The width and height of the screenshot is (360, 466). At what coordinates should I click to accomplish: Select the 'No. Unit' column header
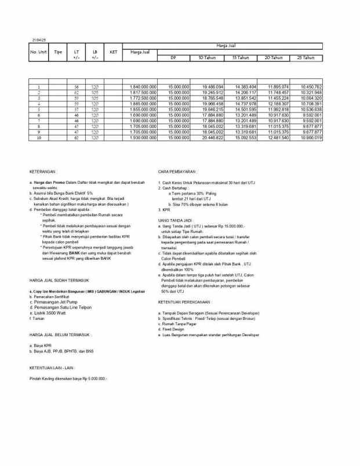tap(38, 52)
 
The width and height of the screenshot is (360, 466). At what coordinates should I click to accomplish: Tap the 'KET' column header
tap(114, 52)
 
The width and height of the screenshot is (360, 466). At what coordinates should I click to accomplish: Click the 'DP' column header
tap(173, 58)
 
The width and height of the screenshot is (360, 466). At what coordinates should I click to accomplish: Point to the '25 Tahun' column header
tap(306, 58)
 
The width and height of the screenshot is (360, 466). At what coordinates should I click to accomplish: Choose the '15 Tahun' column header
tap(241, 58)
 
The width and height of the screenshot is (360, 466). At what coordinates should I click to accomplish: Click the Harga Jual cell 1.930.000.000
tap(143, 138)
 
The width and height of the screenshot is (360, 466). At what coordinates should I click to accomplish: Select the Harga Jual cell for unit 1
tap(143, 86)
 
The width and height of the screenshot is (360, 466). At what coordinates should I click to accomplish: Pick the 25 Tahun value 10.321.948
tap(311, 92)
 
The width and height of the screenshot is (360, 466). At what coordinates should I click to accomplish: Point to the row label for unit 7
tap(39, 121)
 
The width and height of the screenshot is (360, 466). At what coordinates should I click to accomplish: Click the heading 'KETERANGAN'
tap(43, 172)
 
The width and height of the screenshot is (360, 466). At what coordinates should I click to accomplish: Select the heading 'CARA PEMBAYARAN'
tap(177, 172)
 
